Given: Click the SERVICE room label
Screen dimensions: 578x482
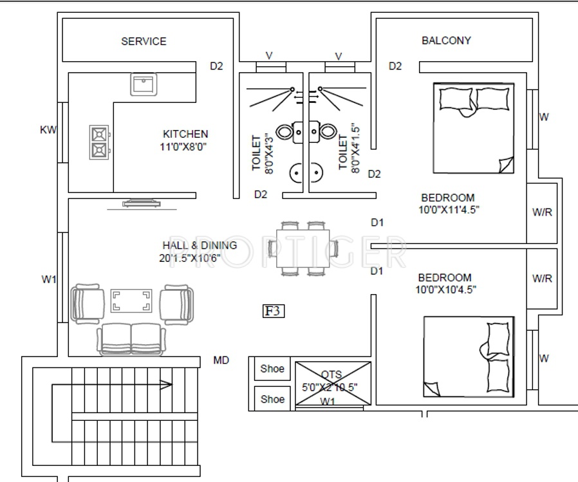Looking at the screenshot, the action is coord(144,41).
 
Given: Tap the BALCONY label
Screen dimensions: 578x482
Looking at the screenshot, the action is coord(447,41).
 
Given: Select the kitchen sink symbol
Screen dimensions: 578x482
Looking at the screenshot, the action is coord(144,84).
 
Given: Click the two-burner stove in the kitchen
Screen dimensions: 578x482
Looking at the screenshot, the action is coord(100,142).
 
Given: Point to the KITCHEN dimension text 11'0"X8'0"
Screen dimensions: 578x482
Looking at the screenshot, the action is coord(183,147).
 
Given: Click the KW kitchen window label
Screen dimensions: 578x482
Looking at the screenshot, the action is coord(48,130).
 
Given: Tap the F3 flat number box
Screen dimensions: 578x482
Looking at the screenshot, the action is coord(273,311).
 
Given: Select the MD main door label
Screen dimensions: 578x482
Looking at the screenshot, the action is coord(221,360).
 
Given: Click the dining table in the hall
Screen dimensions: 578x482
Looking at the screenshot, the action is coord(303,248).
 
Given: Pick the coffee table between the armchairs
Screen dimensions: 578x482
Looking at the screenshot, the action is coord(131,301).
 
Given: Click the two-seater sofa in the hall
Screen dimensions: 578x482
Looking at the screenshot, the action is coord(131,339).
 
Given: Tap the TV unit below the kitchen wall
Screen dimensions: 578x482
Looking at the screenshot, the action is coord(142,204).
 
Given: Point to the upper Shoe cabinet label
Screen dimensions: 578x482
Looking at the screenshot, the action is coord(272,369).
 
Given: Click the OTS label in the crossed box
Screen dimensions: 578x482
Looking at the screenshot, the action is coord(331,375).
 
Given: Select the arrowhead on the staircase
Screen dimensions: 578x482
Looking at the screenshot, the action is coord(165,385).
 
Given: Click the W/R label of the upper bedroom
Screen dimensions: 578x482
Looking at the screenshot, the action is coord(542,212).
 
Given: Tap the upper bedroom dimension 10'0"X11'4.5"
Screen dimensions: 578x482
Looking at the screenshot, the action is coord(449,210).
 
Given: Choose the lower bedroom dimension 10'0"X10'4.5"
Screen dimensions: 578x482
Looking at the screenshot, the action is coord(445,290).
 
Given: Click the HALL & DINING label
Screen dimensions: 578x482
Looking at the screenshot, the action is coord(200,245).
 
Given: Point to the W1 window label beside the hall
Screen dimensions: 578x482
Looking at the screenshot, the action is coord(49,280).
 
